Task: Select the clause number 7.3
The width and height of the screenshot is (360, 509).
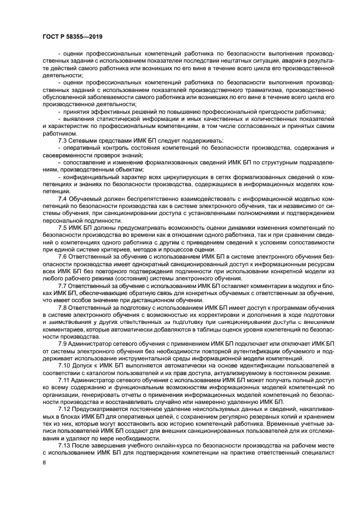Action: tap(63, 140)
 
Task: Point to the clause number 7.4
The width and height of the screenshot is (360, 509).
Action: tap(63, 198)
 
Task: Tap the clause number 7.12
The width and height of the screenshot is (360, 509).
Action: tap(64, 407)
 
